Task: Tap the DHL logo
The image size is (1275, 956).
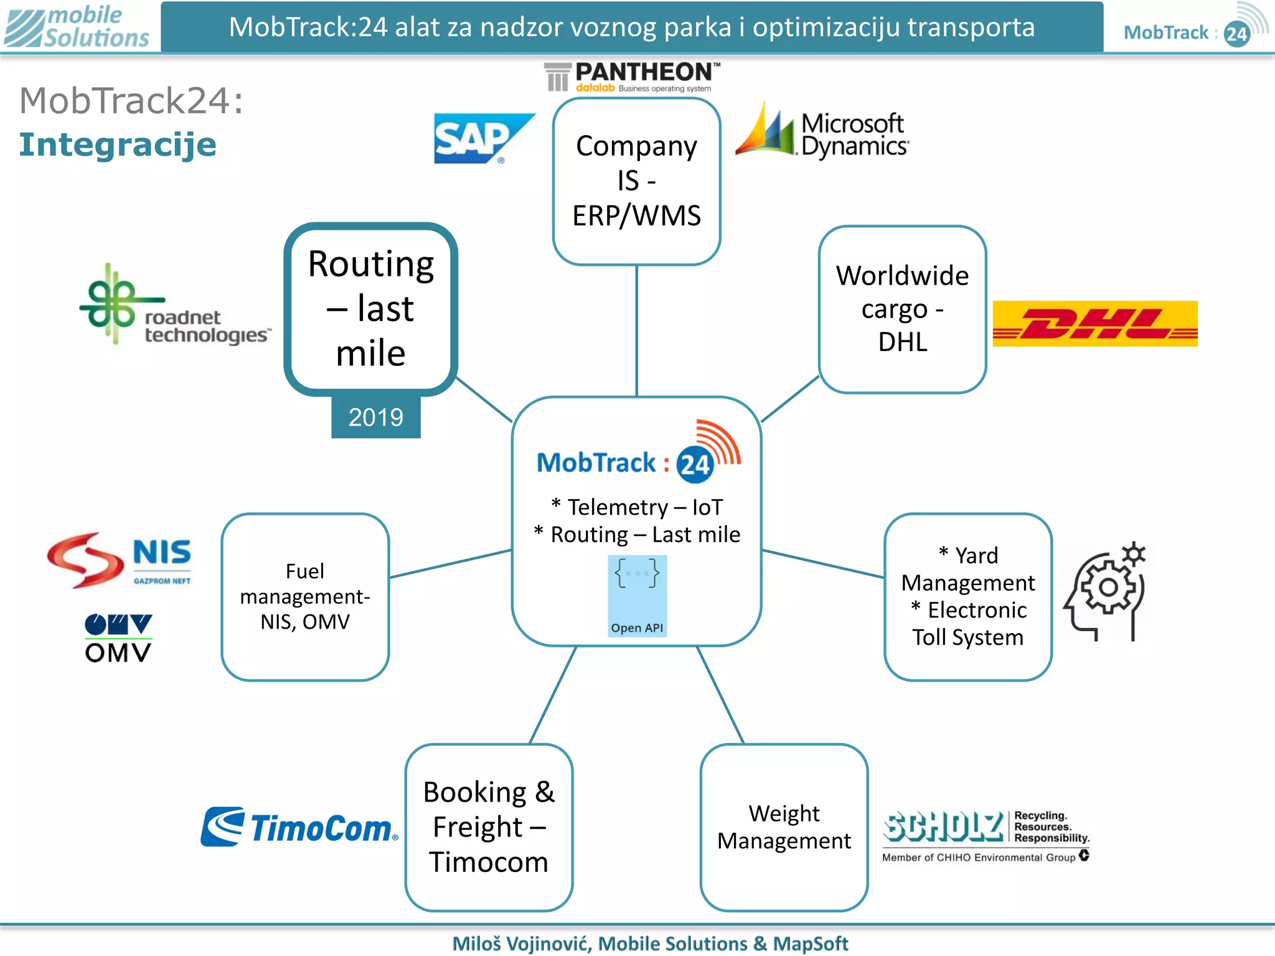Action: pyautogui.click(x=1094, y=324)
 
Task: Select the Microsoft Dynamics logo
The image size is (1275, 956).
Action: pyautogui.click(x=822, y=132)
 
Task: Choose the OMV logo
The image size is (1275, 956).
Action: pyautogui.click(x=118, y=638)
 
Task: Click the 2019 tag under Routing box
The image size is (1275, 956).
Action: pyautogui.click(x=375, y=417)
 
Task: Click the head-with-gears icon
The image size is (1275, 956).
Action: pyautogui.click(x=1106, y=591)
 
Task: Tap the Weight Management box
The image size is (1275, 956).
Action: pyautogui.click(x=784, y=827)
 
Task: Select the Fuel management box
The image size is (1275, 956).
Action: pyautogui.click(x=305, y=597)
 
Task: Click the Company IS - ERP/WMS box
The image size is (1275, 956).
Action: pyautogui.click(x=636, y=181)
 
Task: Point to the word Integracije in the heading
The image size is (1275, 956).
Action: pyautogui.click(x=118, y=145)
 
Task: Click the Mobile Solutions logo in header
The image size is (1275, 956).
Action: pyautogui.click(x=78, y=26)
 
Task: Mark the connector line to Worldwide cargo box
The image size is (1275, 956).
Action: pyautogui.click(x=789, y=399)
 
